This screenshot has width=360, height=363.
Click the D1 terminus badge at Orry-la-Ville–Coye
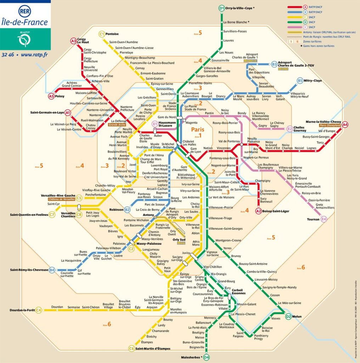[x=222, y=8]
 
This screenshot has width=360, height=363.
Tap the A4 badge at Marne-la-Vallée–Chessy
[x=345, y=124]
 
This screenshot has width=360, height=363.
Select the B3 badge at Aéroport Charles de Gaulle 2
[x=274, y=64]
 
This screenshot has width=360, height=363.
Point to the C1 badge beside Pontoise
[x=101, y=34]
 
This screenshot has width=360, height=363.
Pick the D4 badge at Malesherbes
[x=207, y=357]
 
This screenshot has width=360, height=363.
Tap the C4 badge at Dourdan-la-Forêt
[x=39, y=310]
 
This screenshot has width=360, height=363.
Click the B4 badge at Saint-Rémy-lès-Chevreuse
[x=52, y=270]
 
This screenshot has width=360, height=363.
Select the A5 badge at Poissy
[x=51, y=96]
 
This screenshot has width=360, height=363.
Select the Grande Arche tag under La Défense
[x=117, y=125]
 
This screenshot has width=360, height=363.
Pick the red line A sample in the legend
[x=294, y=7]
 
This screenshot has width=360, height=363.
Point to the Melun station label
[x=297, y=317]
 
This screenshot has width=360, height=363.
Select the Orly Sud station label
[x=179, y=240]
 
